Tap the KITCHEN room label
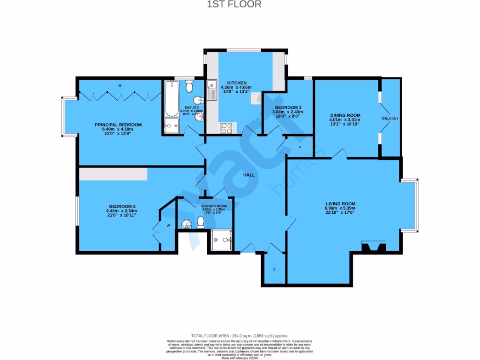237,83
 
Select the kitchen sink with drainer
212,90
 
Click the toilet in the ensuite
189,86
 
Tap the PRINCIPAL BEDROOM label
118,125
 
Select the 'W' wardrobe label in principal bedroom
120,85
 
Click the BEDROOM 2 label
122,206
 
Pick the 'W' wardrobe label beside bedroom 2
168,225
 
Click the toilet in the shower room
201,223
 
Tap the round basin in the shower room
186,225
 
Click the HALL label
248,175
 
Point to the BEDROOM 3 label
288,107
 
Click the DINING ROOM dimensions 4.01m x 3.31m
345,120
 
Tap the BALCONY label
390,119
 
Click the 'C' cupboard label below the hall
274,270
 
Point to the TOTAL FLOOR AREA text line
240,336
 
